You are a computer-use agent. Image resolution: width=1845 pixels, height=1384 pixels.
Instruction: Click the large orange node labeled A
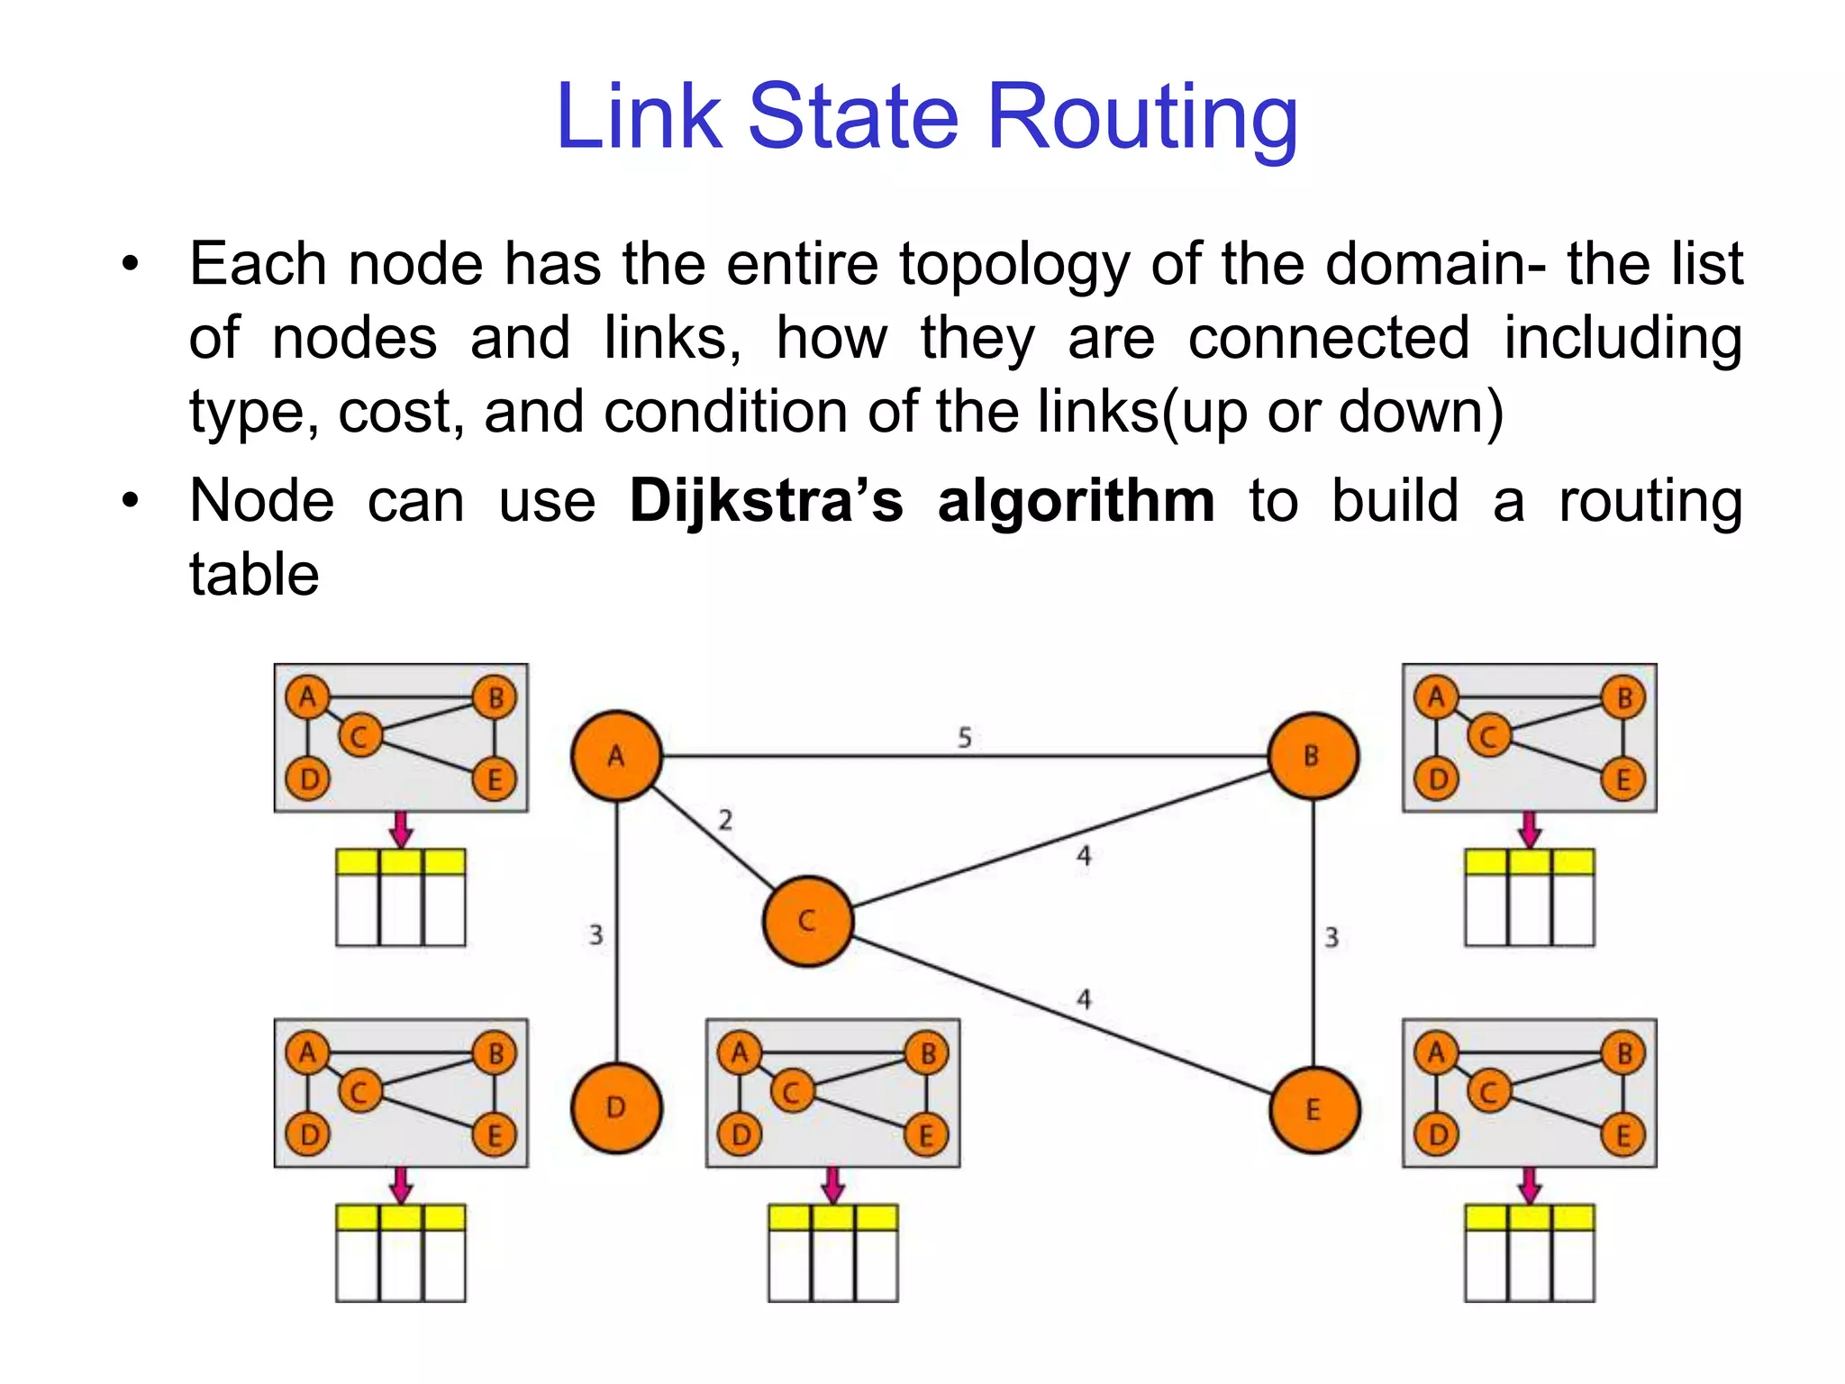point(616,756)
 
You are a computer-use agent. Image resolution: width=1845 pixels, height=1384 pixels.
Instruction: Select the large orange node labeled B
point(1313,756)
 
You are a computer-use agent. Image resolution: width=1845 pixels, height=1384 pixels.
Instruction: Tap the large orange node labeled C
point(807,921)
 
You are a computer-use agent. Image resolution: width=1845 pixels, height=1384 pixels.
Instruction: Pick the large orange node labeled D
point(616,1108)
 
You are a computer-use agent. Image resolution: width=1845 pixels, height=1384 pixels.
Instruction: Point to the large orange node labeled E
point(1313,1110)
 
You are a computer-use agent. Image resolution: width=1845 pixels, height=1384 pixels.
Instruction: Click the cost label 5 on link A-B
point(964,738)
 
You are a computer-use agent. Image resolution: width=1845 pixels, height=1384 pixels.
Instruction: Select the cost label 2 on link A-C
point(725,820)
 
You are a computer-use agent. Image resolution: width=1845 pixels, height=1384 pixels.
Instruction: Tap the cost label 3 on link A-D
point(595,935)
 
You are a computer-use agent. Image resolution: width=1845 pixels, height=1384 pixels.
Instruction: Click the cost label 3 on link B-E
point(1331,938)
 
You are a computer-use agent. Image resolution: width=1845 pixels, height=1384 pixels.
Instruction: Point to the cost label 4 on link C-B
point(1084,856)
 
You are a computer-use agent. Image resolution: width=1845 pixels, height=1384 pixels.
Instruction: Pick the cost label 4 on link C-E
point(1084,999)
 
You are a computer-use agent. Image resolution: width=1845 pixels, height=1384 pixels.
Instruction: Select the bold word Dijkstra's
point(766,501)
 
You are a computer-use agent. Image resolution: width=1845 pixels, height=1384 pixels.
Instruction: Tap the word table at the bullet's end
point(254,575)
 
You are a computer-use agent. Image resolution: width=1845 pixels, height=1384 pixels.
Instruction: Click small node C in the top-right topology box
point(1488,737)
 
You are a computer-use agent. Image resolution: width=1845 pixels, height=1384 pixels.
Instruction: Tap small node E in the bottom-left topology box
point(495,1134)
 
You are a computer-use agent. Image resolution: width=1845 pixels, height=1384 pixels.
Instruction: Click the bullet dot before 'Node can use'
point(132,501)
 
